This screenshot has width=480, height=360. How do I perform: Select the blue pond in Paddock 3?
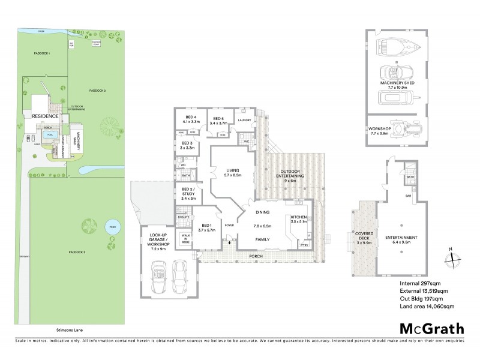coord(111,227)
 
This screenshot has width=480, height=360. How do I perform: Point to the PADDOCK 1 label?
coord(41,54)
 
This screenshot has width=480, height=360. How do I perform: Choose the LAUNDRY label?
coord(244,121)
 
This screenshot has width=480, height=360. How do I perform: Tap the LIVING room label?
coord(232,172)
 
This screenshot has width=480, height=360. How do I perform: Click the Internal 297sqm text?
coord(419,282)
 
